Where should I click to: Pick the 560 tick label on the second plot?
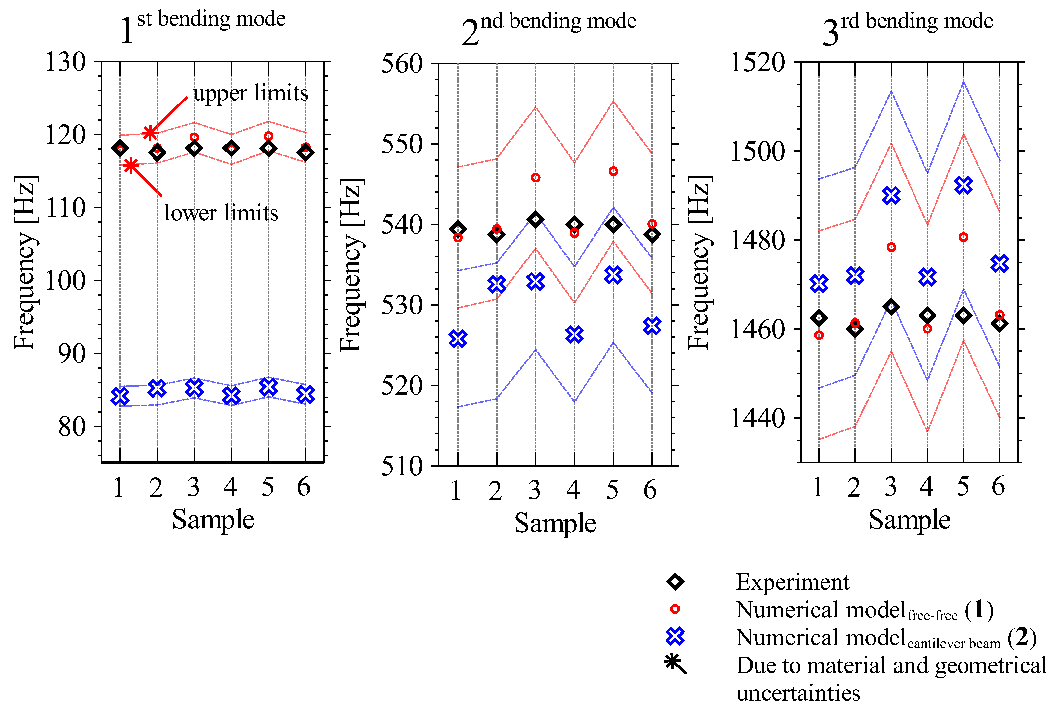(401, 64)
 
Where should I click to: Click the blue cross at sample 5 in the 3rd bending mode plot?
(963, 185)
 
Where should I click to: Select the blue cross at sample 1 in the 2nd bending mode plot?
(458, 339)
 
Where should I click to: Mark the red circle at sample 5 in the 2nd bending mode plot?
(613, 171)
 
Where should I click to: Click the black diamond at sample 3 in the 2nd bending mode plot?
(536, 219)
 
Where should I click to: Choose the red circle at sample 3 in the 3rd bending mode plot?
(891, 247)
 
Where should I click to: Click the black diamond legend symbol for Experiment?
(675, 582)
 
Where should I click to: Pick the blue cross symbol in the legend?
(675, 636)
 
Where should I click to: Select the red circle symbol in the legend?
(675, 609)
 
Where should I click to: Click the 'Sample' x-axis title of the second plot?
(555, 523)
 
